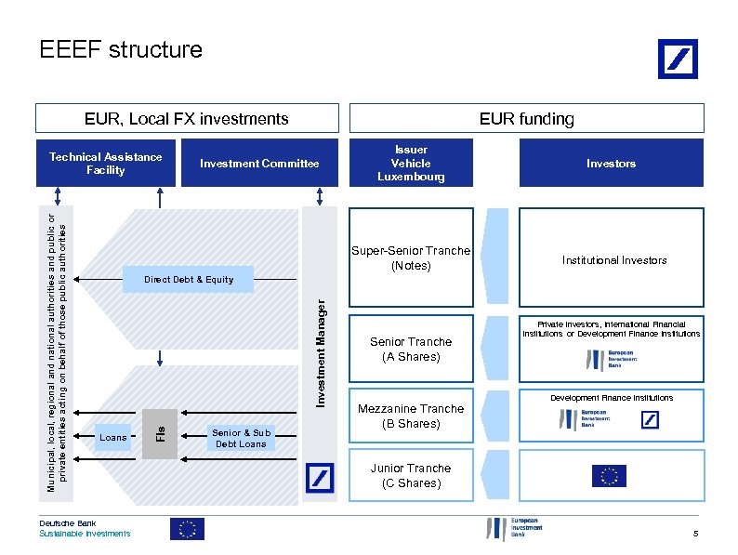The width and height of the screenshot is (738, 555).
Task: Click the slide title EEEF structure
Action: coord(121,49)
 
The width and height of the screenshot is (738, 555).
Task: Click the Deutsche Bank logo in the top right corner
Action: coord(677,59)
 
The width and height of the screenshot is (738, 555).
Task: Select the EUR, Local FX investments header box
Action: coord(187,118)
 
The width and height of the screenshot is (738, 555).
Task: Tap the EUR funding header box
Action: coord(526,118)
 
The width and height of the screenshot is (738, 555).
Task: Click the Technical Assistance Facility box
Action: coord(105,164)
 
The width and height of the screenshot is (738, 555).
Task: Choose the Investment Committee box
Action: coord(259,164)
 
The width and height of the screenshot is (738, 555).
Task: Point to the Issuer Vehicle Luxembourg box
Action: coord(411,164)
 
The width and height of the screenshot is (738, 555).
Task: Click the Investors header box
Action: coord(611,164)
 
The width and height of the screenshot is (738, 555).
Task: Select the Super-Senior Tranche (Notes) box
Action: coord(411,258)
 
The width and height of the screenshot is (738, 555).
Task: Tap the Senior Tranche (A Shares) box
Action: coord(411,349)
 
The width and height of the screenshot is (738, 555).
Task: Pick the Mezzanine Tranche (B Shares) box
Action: coord(411,416)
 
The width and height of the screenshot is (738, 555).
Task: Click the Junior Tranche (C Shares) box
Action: coord(411,475)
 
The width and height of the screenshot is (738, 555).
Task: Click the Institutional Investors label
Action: coord(614,260)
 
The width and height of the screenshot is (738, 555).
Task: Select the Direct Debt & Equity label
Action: coord(189,280)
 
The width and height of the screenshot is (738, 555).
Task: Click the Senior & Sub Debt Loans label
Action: coord(241,438)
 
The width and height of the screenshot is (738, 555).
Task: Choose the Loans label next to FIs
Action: coord(113,437)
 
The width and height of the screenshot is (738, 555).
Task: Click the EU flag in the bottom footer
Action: coord(187,529)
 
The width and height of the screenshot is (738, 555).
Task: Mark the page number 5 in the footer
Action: coord(694,533)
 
